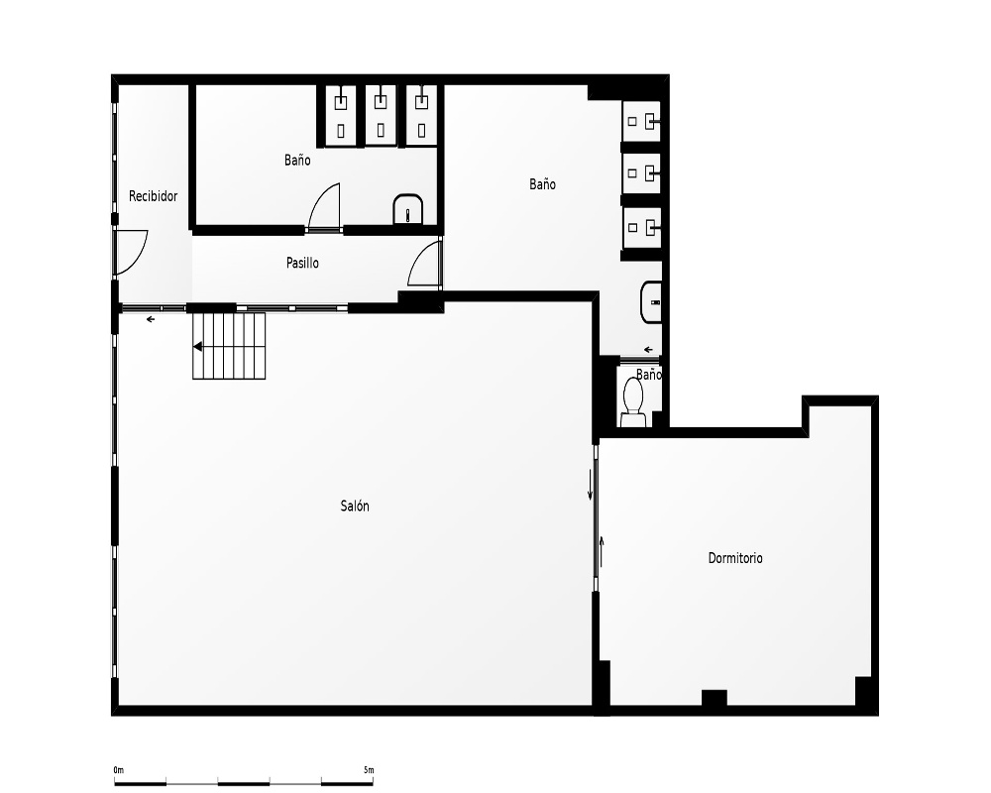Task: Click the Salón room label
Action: pos(355,506)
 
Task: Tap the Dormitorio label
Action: pos(735,558)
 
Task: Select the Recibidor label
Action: pos(153,196)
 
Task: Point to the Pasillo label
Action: pos(302,263)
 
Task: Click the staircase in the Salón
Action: pos(229,346)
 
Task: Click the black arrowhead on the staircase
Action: pos(198,347)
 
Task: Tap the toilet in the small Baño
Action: pos(632,401)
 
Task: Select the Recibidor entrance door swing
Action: pos(131,253)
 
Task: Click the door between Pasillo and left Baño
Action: pos(324,206)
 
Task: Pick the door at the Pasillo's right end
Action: pos(424,264)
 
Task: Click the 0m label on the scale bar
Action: pos(119,770)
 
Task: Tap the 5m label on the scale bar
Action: pos(369,770)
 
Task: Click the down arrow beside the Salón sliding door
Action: pos(591,485)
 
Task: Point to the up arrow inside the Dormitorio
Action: pos(602,551)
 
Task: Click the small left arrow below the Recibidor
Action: pos(151,319)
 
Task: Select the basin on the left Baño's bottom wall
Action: pos(408,209)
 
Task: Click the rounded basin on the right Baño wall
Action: pos(651,302)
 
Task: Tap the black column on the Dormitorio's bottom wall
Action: pos(715,698)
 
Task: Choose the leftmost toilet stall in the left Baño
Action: pos(341,115)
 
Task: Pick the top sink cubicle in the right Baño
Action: pos(641,121)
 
